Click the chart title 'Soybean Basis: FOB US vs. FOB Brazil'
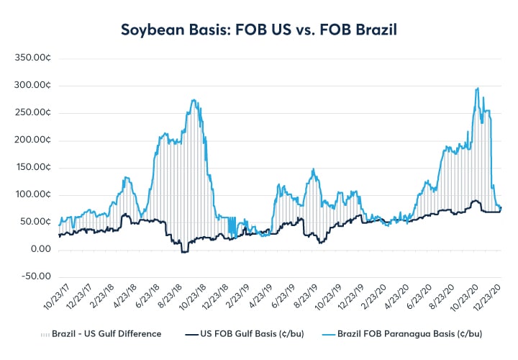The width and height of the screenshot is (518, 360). (x=259, y=31)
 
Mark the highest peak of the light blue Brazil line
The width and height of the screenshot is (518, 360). (x=478, y=89)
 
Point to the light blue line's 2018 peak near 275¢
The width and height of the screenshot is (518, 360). (x=195, y=101)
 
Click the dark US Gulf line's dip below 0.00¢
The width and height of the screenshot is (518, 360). (x=183, y=252)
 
